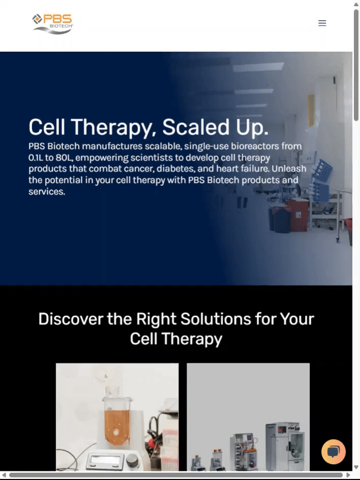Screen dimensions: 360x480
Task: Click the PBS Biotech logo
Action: click(53, 23)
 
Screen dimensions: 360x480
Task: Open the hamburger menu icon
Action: click(322, 23)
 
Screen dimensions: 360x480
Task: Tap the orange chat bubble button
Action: click(334, 452)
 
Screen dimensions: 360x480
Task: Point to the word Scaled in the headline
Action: click(196, 127)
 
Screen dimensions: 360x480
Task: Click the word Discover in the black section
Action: click(71, 319)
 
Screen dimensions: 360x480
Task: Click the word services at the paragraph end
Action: click(47, 192)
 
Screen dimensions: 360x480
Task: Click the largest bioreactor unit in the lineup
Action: click(285, 446)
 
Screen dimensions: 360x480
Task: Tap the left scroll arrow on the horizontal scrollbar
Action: click(4, 475)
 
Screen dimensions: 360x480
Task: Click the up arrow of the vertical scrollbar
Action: click(356, 4)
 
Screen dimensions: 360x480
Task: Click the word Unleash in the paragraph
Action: click(289, 169)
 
